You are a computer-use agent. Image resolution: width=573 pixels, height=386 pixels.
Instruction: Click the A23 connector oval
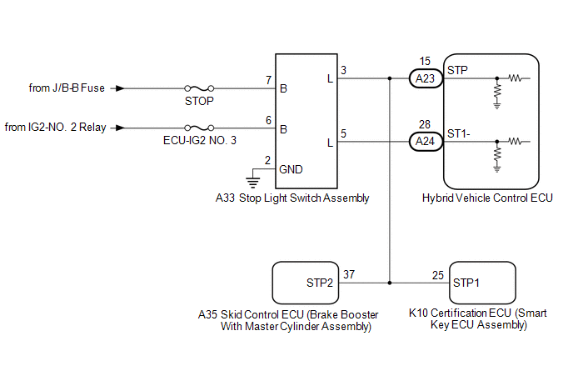pos(426,78)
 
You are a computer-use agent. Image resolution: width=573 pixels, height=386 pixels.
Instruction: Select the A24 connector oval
pos(426,141)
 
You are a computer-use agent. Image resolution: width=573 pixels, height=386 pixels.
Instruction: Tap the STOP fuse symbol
pos(199,88)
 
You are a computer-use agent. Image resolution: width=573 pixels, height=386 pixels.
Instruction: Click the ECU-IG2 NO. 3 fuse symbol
pos(199,128)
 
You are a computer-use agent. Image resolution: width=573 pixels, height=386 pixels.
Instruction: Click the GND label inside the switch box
pos(291,169)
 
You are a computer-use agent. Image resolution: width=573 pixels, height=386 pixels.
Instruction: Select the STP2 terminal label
pos(320,283)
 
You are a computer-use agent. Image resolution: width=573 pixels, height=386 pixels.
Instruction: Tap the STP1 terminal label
pos(466,283)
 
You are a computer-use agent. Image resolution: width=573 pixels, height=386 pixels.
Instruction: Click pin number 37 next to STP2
pos(349,274)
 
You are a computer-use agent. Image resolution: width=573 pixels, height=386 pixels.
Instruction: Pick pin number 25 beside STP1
pos(438,275)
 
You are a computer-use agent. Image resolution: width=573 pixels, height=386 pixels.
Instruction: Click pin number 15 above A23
pos(425,61)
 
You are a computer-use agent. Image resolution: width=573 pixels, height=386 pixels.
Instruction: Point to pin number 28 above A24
pos(425,124)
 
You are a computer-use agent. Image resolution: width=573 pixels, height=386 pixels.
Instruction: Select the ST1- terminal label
pos(459,134)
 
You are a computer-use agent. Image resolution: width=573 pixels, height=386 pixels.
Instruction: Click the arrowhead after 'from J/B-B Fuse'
pos(120,88)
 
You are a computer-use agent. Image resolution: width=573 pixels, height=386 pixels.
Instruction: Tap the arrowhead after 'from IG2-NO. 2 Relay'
pos(120,128)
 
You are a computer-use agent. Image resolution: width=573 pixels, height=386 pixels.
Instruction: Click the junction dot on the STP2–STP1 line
pos(390,283)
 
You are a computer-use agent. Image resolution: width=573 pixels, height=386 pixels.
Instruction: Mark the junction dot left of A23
pos(390,78)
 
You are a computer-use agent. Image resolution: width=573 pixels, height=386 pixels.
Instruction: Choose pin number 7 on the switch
pos(268,80)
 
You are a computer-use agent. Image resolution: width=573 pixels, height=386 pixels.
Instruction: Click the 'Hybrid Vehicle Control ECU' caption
pos(487,198)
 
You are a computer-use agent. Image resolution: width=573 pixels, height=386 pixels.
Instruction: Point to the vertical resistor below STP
pos(497,93)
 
